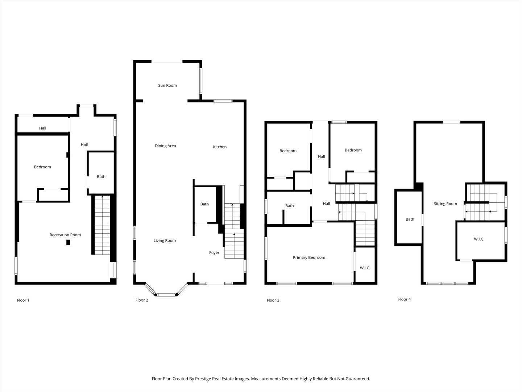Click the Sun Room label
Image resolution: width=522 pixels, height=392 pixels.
167,86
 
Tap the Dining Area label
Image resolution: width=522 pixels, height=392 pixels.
165,146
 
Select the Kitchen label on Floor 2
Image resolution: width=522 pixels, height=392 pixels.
220,147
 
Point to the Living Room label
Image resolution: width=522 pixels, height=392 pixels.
165,241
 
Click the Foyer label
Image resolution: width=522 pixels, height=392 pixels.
214,253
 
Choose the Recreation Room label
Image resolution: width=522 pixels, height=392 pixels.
65,235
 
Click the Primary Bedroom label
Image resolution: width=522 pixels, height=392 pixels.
309,258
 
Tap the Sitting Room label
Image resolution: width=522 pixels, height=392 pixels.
445,204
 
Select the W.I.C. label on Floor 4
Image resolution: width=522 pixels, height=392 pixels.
479,239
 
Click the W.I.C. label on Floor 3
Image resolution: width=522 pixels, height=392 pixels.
365,268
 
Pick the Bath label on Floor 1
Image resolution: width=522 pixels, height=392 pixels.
101,177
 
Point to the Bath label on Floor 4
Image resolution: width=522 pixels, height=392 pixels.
410,219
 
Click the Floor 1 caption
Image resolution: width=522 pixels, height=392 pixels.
23,300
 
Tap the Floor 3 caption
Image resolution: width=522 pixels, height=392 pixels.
273,300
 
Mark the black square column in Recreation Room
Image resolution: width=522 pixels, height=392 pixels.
68,242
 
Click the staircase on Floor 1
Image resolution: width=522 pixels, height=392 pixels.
102,225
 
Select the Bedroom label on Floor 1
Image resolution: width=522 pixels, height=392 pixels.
42,167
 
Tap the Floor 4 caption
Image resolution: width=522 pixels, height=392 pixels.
405,299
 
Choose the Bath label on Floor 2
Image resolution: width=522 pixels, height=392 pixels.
204,204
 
